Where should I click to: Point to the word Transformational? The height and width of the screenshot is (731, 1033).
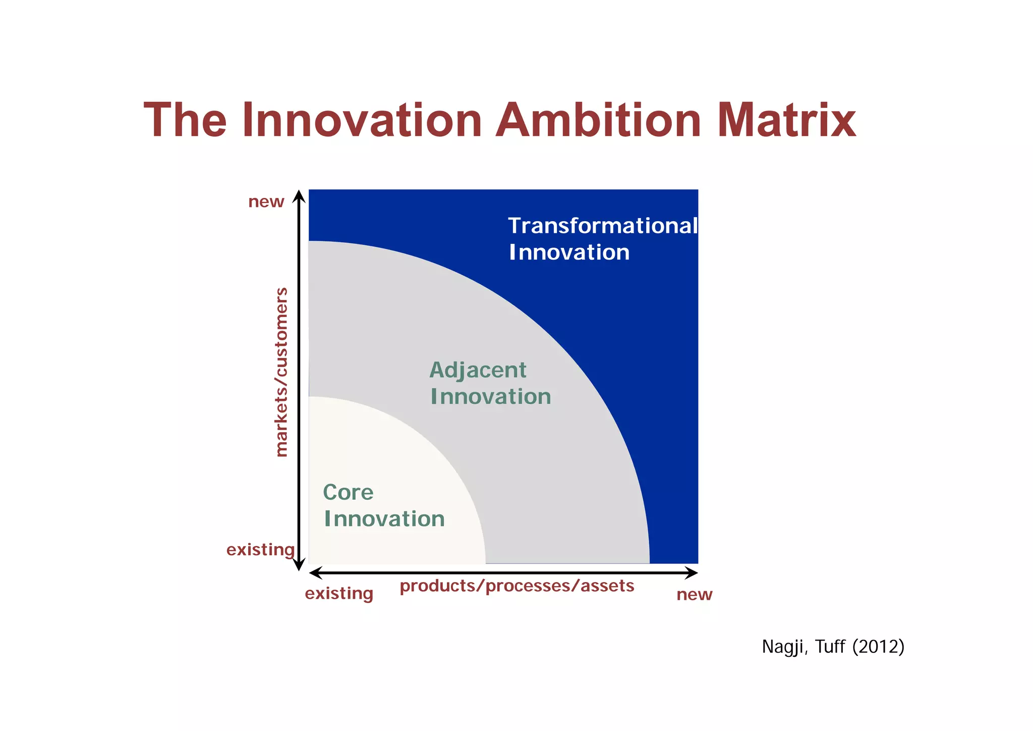click(602, 226)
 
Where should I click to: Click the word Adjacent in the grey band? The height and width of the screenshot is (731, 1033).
click(478, 371)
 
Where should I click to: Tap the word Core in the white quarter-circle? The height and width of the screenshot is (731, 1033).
click(348, 492)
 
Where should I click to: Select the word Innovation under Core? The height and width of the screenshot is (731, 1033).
click(384, 519)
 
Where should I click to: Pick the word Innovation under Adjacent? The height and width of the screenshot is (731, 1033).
click(491, 397)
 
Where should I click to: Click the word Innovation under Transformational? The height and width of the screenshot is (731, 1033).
click(569, 252)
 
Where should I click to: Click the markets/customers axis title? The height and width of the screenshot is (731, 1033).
click(281, 372)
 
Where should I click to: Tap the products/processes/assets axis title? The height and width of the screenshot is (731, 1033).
click(517, 586)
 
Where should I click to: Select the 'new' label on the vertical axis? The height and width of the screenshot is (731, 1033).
click(266, 202)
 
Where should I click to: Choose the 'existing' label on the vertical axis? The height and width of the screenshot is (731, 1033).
click(260, 550)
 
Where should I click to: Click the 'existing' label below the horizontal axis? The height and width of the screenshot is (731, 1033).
click(339, 594)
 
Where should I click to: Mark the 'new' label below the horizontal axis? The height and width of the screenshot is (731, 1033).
click(694, 595)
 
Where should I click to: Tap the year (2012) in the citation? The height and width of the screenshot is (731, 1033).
click(878, 647)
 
